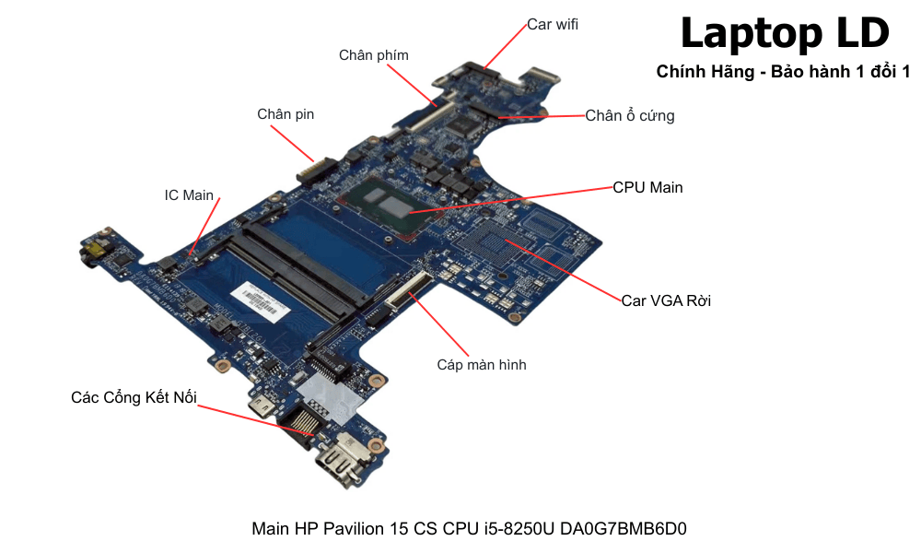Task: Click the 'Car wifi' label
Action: [x=553, y=25]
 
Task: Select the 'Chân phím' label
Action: [x=373, y=55]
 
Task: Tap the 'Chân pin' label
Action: [x=286, y=114]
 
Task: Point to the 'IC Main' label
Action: [x=189, y=195]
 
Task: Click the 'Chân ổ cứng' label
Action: [x=630, y=116]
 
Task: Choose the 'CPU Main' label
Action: [x=647, y=187]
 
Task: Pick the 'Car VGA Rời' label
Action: [x=665, y=300]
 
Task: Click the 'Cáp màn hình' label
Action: [x=482, y=365]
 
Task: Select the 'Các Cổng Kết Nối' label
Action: [x=134, y=397]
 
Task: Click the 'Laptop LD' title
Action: [x=784, y=34]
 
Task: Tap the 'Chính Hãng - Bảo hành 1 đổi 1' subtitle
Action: [x=783, y=72]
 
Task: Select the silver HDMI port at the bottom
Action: [x=337, y=465]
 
